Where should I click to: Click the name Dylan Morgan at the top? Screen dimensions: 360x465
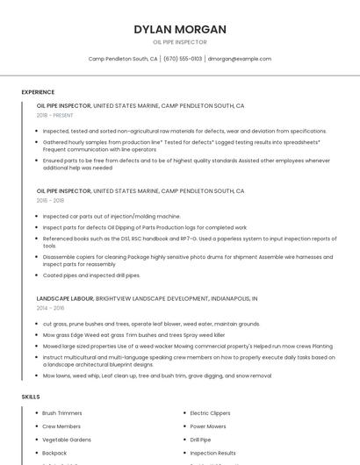pyautogui.click(x=180, y=29)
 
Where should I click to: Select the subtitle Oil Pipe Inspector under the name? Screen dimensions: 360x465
pyautogui.click(x=180, y=42)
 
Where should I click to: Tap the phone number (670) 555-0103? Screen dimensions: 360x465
pyautogui.click(x=183, y=59)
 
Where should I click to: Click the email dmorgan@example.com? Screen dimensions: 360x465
pyautogui.click(x=240, y=59)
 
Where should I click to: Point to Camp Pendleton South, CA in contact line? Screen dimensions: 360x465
pyautogui.click(x=123, y=59)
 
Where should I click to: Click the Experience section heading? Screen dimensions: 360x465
pyautogui.click(x=38, y=92)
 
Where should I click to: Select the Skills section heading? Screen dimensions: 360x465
pyautogui.click(x=31, y=397)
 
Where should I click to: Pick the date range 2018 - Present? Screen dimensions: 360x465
pyautogui.click(x=54, y=115)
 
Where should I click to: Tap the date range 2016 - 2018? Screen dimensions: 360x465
pyautogui.click(x=50, y=200)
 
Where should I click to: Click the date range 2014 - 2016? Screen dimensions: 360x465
pyautogui.click(x=50, y=308)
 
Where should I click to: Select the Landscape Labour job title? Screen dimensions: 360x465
pyautogui.click(x=65, y=298)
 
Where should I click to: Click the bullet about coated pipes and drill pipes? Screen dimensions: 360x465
pyautogui.click(x=91, y=275)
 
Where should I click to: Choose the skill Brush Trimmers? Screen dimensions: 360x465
pyautogui.click(x=61, y=412)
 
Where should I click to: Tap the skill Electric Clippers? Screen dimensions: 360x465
pyautogui.click(x=210, y=412)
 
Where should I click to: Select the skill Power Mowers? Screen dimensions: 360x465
pyautogui.click(x=208, y=426)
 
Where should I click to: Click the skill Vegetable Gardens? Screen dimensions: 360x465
pyautogui.click(x=67, y=440)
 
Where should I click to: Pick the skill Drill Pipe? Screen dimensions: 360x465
pyautogui.click(x=200, y=440)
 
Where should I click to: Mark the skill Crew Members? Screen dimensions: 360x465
pyautogui.click(x=61, y=426)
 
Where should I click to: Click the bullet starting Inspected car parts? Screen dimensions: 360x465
pyautogui.click(x=112, y=216)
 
